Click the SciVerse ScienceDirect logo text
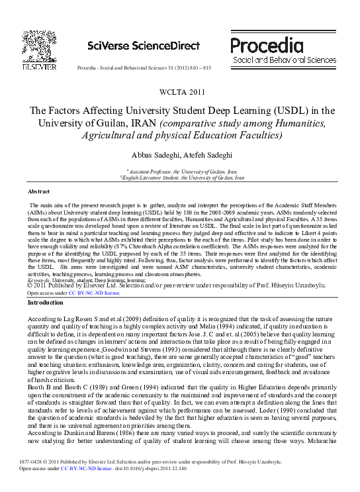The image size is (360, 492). (x=143, y=46)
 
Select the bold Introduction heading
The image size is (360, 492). (x=46, y=302)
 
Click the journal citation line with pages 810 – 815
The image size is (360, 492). (x=144, y=68)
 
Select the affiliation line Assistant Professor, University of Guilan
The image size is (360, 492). (x=181, y=171)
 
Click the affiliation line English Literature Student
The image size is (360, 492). (x=182, y=177)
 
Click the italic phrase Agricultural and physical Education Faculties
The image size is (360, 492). (x=182, y=136)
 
